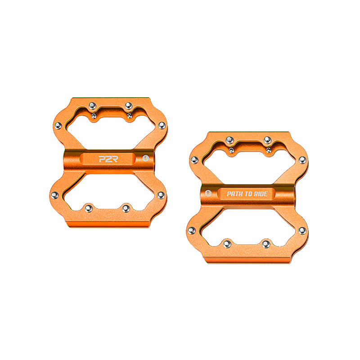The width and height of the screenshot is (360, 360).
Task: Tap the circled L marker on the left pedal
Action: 145,158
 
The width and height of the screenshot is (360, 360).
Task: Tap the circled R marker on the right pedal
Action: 208,194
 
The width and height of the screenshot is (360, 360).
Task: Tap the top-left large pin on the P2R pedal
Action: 92,105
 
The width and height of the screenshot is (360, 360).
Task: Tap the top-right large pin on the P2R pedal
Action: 128,105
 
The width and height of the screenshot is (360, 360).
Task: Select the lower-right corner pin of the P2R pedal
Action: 160,195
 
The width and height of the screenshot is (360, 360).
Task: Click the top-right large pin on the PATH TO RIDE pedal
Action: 267,139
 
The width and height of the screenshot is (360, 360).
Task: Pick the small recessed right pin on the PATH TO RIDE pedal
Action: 268,150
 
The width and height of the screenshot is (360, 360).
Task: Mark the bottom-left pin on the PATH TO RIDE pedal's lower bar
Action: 228,243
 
